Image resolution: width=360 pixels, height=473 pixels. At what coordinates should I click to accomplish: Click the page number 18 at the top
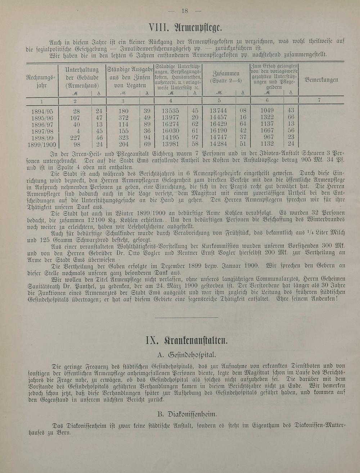pos(185,11)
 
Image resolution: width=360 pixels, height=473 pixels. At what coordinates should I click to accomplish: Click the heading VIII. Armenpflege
pos(186,27)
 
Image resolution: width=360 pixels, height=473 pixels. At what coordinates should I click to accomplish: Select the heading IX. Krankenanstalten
pos(186,340)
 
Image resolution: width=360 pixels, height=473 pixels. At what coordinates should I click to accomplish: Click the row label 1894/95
pos(42,111)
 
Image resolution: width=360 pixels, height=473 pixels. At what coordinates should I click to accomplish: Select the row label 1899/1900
pos(42,144)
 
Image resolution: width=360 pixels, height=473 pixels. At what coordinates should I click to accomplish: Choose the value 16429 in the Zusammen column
pos(218,124)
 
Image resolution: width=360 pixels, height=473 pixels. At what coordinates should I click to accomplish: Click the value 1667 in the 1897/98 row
pos(267,131)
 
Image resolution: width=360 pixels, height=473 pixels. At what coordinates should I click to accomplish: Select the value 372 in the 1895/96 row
pos(123,117)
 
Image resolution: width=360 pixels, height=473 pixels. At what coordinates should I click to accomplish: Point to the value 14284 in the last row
pos(218,144)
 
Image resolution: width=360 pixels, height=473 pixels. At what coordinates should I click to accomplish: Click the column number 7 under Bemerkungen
pos(319,101)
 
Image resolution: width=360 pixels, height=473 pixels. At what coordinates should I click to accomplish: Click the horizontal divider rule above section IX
pos(186,317)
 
